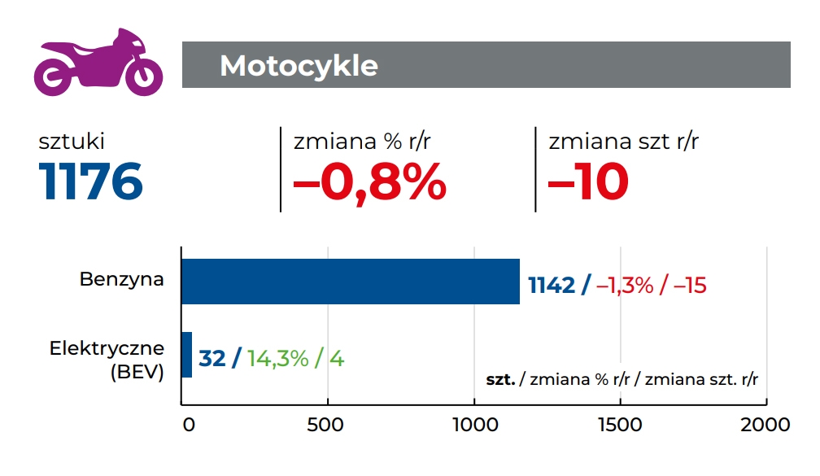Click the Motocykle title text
click(299, 66)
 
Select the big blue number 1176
click(91, 181)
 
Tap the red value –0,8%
click(369, 181)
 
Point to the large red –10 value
click(588, 181)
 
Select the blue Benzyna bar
click(350, 282)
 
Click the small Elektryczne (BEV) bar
click(186, 355)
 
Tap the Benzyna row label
click(121, 279)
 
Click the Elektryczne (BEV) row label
click(107, 360)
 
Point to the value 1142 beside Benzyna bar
click(552, 286)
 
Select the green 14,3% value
click(277, 358)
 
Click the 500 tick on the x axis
click(328, 425)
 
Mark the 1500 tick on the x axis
click(621, 425)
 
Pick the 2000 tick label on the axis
click(765, 425)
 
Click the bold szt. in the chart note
click(500, 379)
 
